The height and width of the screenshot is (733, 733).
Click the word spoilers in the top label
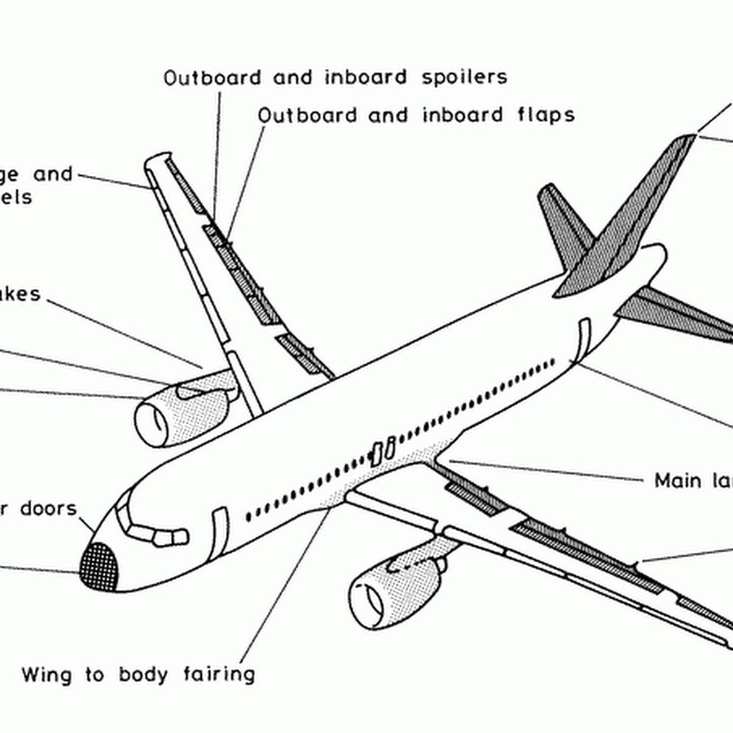[x=465, y=77]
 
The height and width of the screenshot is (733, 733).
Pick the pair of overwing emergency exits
[x=383, y=450]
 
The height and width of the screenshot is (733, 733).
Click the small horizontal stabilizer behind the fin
[x=562, y=216]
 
